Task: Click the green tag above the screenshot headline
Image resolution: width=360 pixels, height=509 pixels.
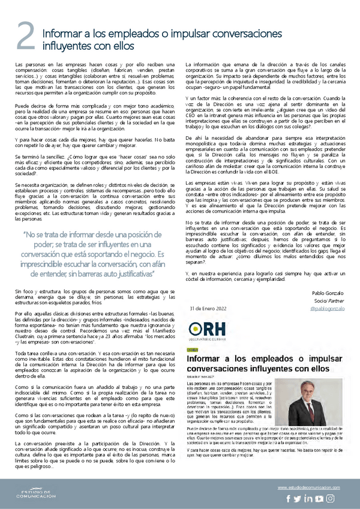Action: (193, 348)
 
